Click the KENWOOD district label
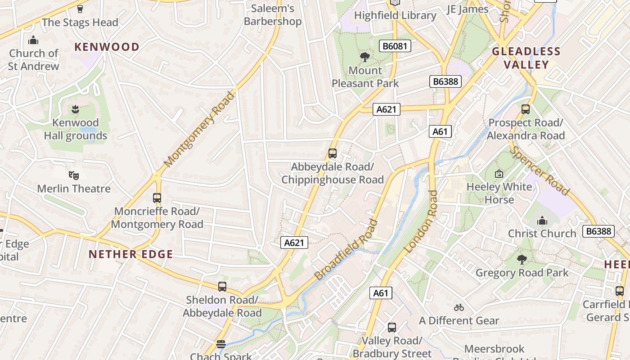click(x=107, y=47)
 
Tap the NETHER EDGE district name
click(x=131, y=254)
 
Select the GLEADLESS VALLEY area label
click(x=526, y=58)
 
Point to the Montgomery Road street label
click(x=199, y=130)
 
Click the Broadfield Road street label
click(x=346, y=249)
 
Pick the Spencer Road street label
click(x=540, y=171)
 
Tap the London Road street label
click(x=421, y=221)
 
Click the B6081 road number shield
click(x=395, y=46)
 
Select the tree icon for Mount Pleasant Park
click(x=365, y=57)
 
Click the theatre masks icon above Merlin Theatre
click(x=74, y=175)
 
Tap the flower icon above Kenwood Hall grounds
click(x=75, y=109)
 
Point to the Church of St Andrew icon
click(x=33, y=40)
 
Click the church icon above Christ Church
click(x=542, y=220)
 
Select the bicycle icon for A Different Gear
click(x=459, y=307)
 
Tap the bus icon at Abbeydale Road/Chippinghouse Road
click(x=333, y=153)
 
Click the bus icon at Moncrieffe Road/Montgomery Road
click(x=157, y=198)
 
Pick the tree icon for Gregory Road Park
click(x=522, y=260)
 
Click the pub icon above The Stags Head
click(x=80, y=9)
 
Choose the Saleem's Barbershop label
click(x=273, y=15)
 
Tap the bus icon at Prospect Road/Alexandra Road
click(x=526, y=109)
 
